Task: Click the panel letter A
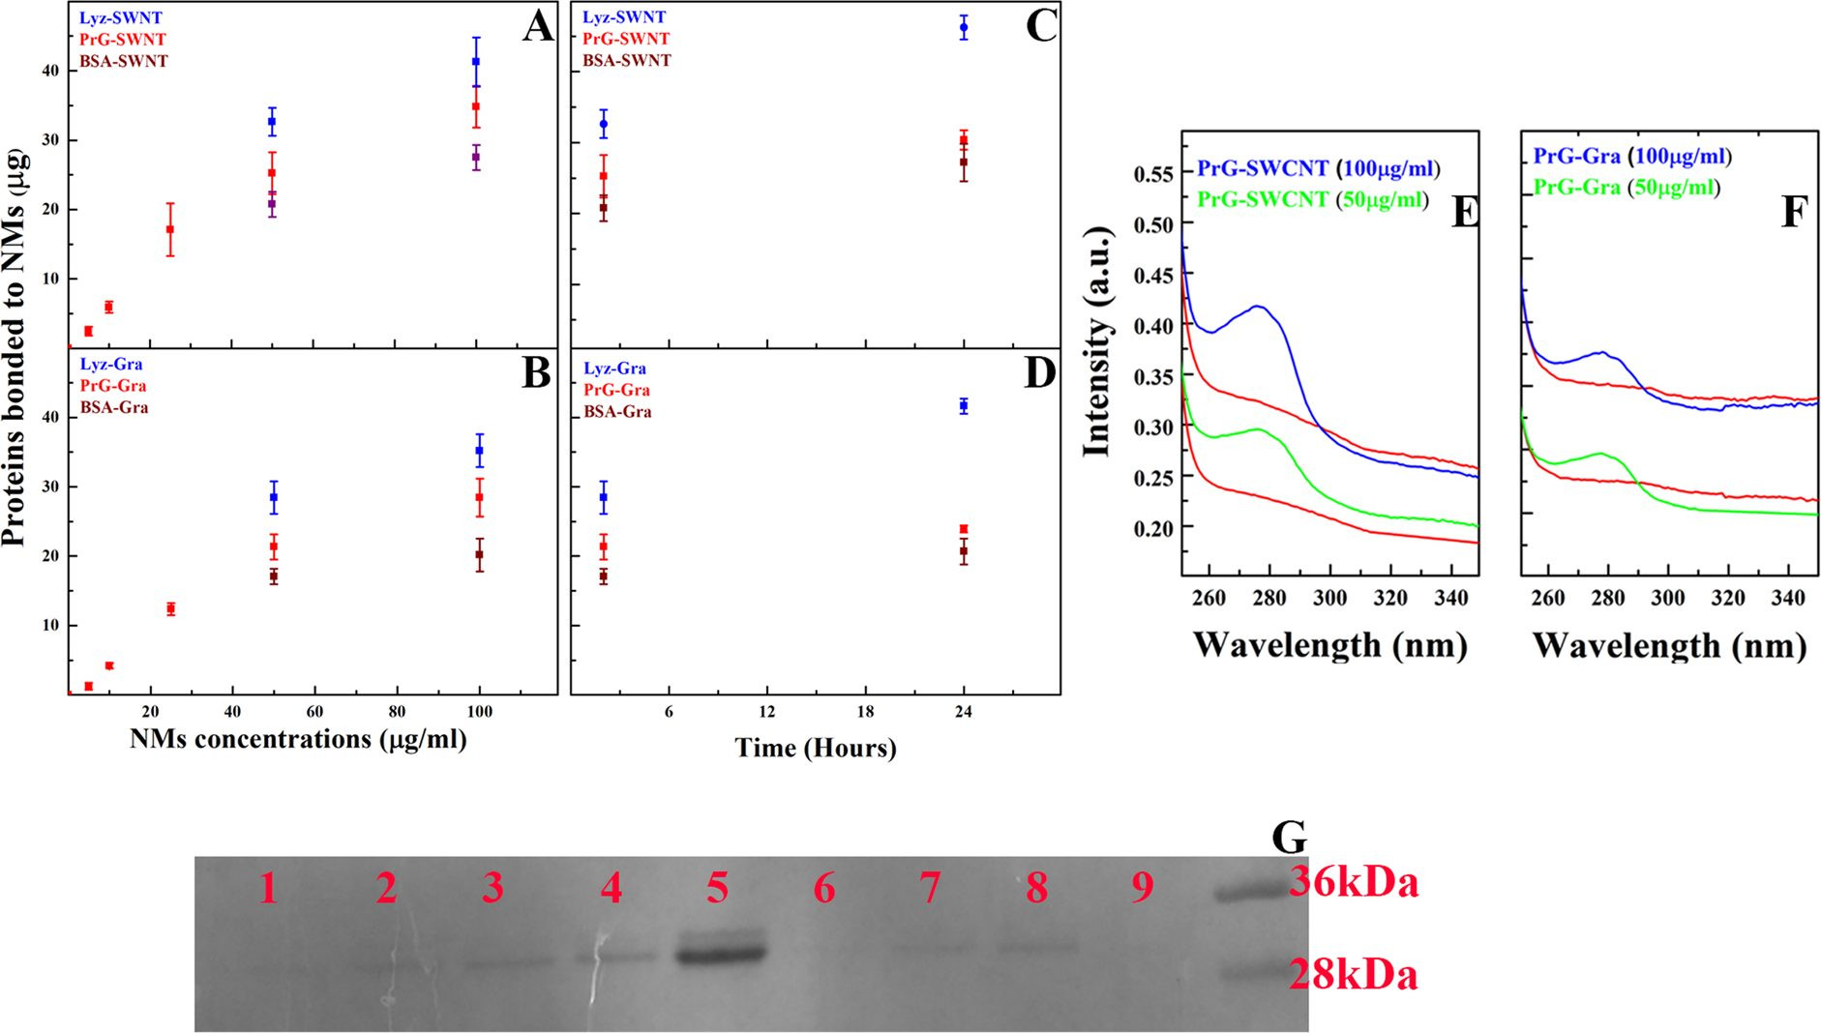[x=538, y=26]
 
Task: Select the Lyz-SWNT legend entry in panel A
[x=121, y=17]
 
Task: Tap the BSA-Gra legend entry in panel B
[x=114, y=407]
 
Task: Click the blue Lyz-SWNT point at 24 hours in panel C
[x=964, y=27]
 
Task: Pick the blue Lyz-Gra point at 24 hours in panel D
[x=964, y=406]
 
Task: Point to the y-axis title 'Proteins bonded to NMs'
[x=15, y=346]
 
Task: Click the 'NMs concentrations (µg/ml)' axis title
[x=298, y=740]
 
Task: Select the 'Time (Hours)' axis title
[x=816, y=748]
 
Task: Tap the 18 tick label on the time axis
[x=865, y=712]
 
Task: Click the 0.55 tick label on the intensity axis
[x=1153, y=174]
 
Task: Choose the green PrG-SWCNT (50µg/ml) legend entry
[x=1313, y=200]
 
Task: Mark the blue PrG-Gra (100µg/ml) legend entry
[x=1632, y=157]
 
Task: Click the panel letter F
[x=1794, y=212]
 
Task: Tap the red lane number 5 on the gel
[x=717, y=888]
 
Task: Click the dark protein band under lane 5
[x=721, y=953]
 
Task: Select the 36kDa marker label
[x=1354, y=882]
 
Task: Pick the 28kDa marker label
[x=1353, y=975]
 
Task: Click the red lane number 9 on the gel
[x=1143, y=888]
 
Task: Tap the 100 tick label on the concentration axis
[x=480, y=712]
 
